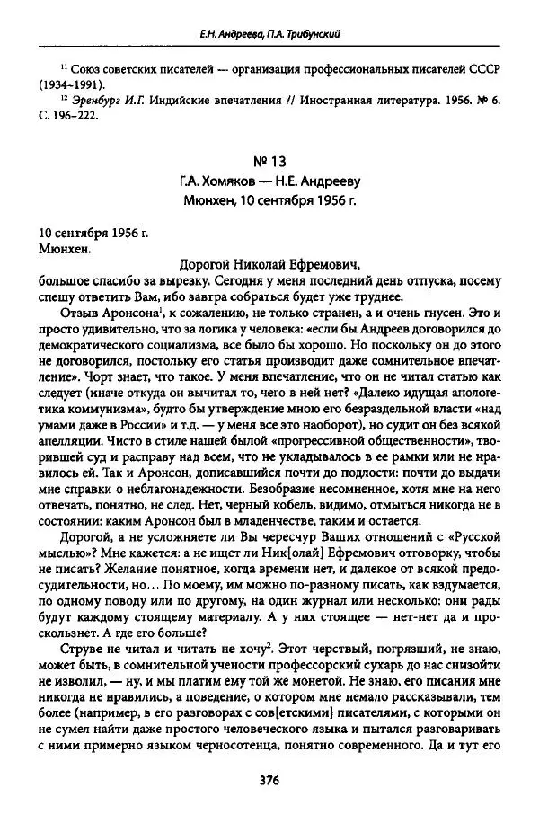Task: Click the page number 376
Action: click(269, 779)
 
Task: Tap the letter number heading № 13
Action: click(269, 164)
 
